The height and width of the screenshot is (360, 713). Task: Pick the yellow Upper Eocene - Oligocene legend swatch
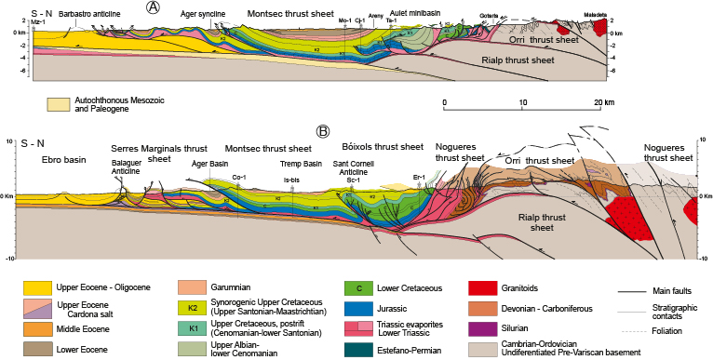pos(36,288)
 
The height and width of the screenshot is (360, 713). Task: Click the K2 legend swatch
pos(193,307)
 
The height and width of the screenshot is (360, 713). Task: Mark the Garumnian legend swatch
pos(193,288)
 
